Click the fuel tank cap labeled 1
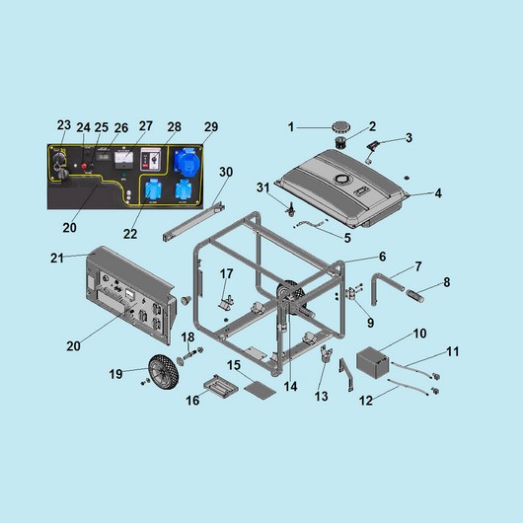tap(340, 127)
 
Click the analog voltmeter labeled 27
tap(123, 160)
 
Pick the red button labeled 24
tap(84, 166)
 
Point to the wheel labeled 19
tap(164, 372)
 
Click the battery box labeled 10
tap(373, 362)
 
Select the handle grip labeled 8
tap(414, 296)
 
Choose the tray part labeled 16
tap(221, 386)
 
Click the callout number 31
tap(262, 187)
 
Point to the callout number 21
tap(56, 258)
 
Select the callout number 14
tap(290, 386)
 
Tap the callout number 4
tap(438, 193)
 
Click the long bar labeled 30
tap(192, 221)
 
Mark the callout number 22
tap(130, 234)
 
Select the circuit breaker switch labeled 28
tap(150, 160)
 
